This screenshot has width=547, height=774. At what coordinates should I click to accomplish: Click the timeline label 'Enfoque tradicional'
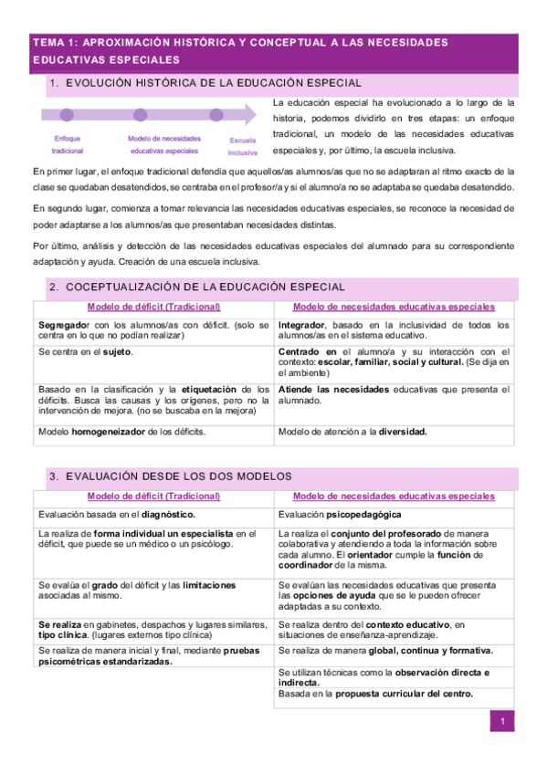pyautogui.click(x=67, y=144)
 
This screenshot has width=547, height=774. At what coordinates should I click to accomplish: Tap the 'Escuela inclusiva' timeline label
pyautogui.click(x=243, y=147)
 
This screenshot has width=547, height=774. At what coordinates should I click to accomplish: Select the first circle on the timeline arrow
pyautogui.click(x=66, y=115)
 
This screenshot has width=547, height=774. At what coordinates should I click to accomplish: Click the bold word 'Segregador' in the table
pyautogui.click(x=63, y=325)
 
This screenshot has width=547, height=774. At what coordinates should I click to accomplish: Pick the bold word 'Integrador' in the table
pyautogui.click(x=303, y=325)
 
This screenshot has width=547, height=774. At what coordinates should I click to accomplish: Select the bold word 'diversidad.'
pyautogui.click(x=404, y=432)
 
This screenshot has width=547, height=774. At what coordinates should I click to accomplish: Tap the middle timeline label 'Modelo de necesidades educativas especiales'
pyautogui.click(x=164, y=144)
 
